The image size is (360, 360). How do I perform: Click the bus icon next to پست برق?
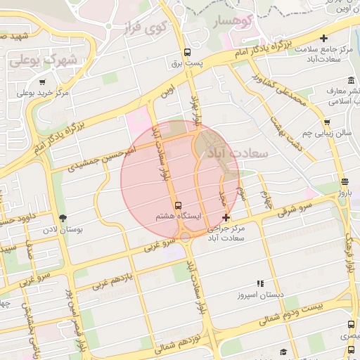[x=187, y=52]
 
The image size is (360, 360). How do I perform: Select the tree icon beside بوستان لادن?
[x=63, y=217]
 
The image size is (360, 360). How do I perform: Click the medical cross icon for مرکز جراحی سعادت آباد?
[x=225, y=218]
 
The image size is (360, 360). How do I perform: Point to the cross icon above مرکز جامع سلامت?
[x=323, y=38]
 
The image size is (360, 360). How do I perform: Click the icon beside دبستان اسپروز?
[x=260, y=284]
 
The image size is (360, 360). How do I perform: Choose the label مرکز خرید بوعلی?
[x=42, y=92]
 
